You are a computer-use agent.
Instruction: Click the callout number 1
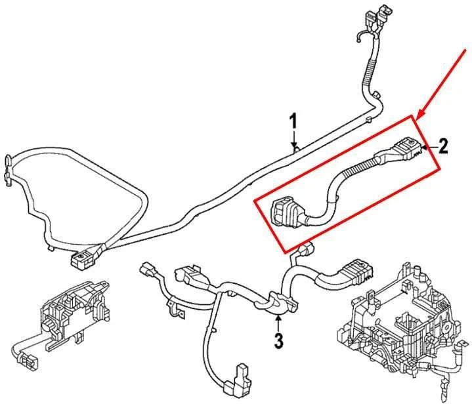(x=293, y=121)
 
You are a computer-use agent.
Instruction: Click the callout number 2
(x=443, y=146)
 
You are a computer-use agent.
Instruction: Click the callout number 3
(x=278, y=340)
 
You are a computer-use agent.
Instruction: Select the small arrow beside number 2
(x=427, y=147)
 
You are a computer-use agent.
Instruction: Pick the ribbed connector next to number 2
(x=407, y=148)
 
